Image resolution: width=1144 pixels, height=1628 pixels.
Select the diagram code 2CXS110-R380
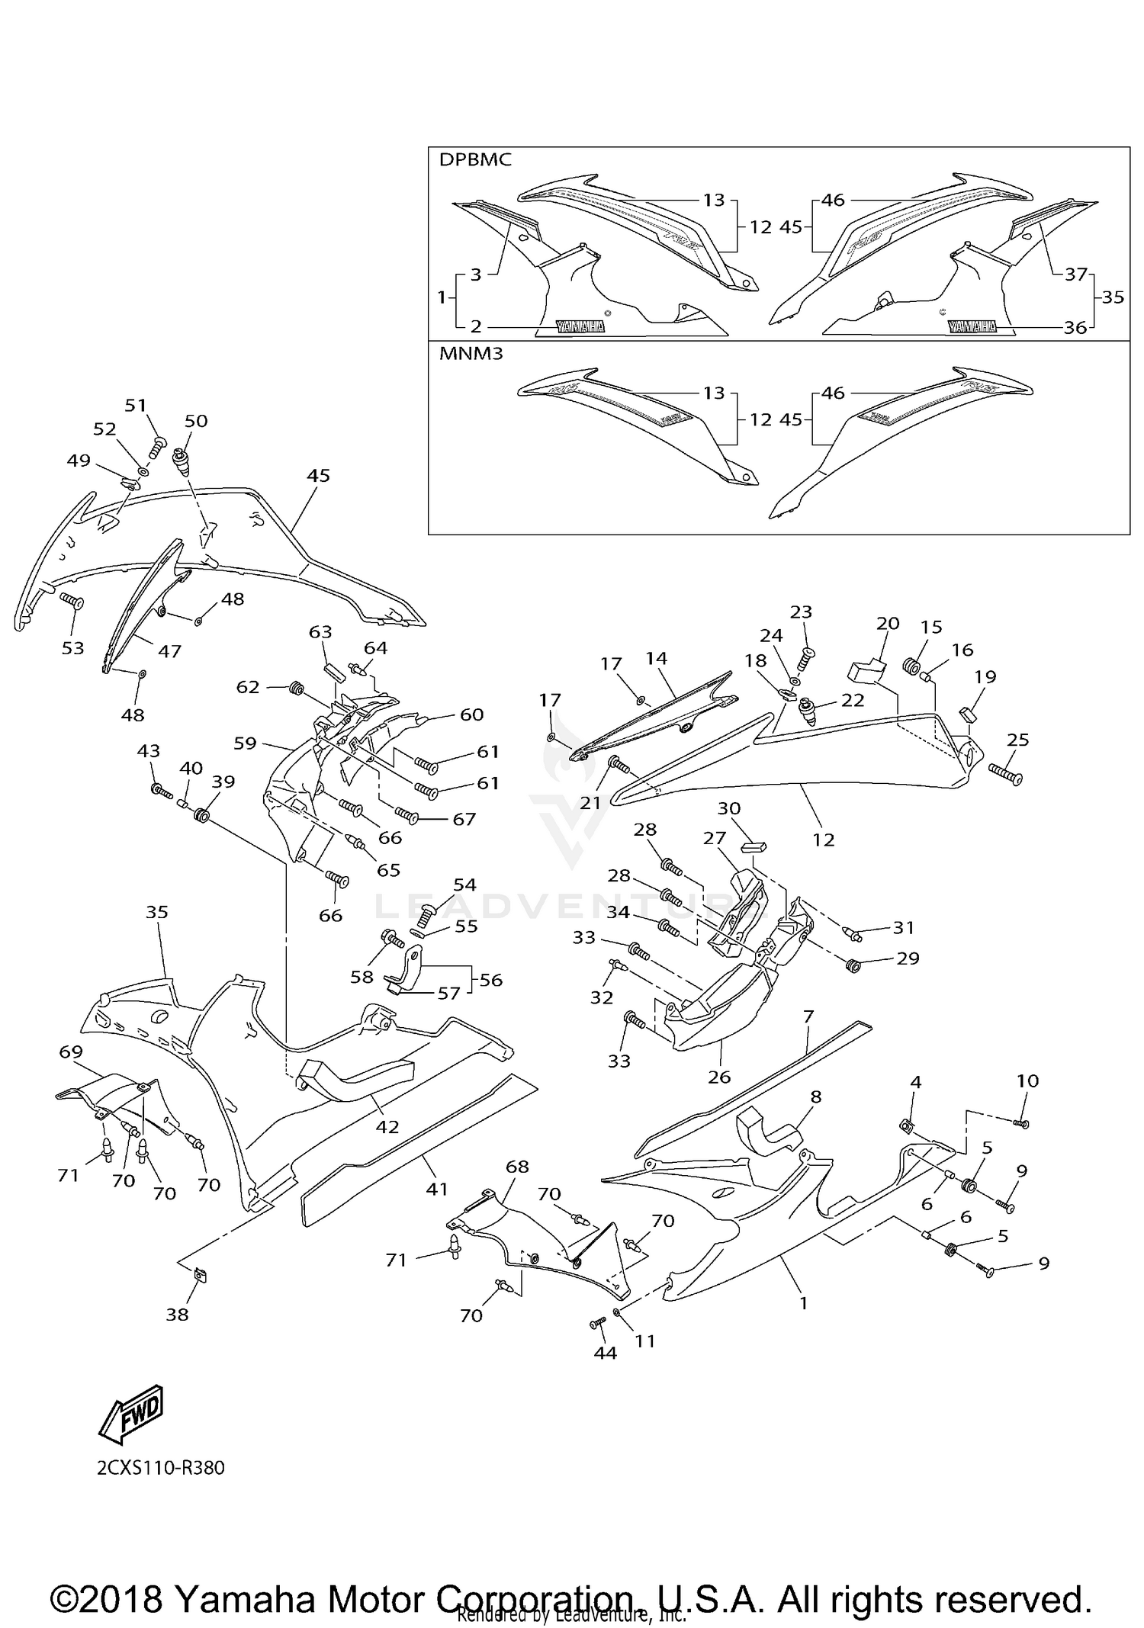(x=161, y=1468)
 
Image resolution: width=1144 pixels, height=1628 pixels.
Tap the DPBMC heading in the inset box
(x=475, y=160)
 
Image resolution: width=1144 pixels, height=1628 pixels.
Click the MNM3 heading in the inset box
(x=471, y=354)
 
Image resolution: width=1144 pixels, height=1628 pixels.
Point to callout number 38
(x=177, y=1314)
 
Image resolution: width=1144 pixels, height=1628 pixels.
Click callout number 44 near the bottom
(x=605, y=1352)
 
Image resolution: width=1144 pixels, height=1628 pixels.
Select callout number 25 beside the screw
(x=1018, y=739)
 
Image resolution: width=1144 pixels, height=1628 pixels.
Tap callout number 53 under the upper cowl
(x=72, y=647)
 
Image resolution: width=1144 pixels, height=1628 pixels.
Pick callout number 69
(x=71, y=1053)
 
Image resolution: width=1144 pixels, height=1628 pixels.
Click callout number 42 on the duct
(x=387, y=1126)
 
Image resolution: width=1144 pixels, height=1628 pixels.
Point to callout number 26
(x=718, y=1076)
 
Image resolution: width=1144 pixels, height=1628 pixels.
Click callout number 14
(x=656, y=658)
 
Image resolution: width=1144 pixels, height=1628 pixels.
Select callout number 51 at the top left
(x=136, y=405)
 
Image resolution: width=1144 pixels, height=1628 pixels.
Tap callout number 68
(x=517, y=1167)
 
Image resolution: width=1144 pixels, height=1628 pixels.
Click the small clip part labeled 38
(x=202, y=1273)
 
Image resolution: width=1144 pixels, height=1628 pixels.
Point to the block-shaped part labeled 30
(x=754, y=846)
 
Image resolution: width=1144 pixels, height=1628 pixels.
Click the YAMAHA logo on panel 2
(x=580, y=326)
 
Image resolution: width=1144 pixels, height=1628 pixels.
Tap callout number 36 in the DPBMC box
(x=1075, y=327)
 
